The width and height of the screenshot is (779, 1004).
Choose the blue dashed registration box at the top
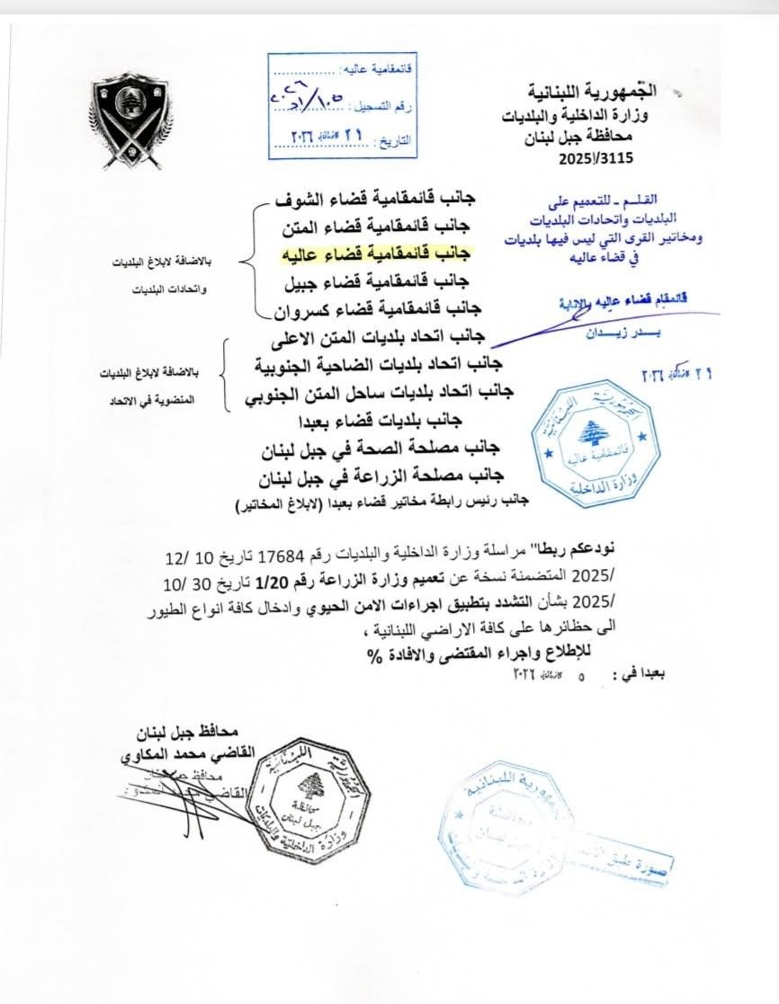342,102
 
